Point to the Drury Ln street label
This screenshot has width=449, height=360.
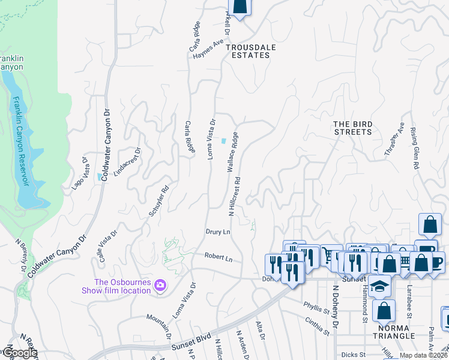218,232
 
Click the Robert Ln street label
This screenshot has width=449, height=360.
218,257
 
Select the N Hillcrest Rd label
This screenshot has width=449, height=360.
234,196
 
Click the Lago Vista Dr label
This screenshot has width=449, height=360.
80,174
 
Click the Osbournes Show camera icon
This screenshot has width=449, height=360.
160,284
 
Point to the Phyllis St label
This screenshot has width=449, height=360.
316,308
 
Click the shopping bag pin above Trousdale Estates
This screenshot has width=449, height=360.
240,6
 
